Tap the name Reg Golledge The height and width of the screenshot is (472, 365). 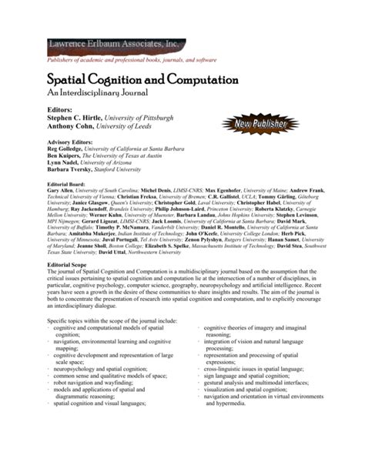point(66,151)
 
